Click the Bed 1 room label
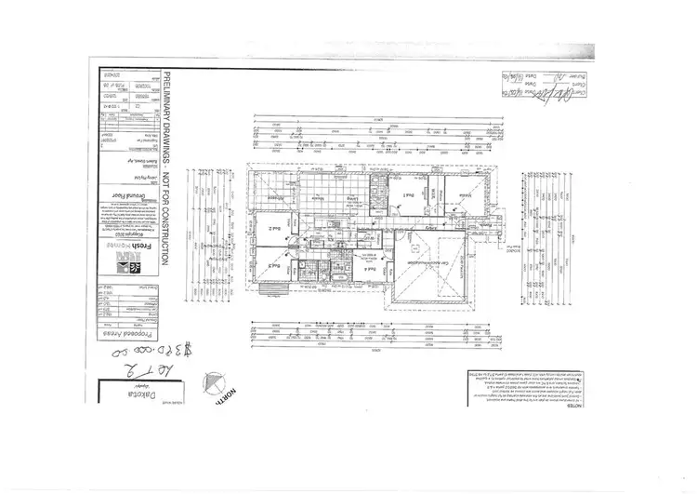pyautogui.click(x=408, y=196)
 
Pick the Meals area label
pyautogui.click(x=318, y=197)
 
